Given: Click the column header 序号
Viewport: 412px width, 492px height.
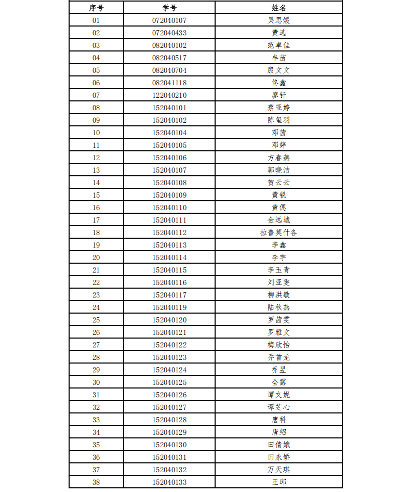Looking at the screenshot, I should click(x=96, y=8).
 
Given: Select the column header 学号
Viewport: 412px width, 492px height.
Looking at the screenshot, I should click(x=169, y=8).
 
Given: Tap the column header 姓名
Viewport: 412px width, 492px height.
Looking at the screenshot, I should click(x=278, y=8).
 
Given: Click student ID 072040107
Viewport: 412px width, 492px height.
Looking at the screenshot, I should click(x=169, y=20).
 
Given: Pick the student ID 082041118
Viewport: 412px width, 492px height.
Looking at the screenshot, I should click(x=169, y=83).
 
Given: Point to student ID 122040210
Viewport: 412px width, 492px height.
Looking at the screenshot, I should click(x=169, y=95).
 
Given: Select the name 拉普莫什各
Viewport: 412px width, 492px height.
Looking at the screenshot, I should click(x=278, y=232).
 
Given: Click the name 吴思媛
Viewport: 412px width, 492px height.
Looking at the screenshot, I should click(x=278, y=20).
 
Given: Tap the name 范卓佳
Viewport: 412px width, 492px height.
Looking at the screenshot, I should click(x=278, y=45).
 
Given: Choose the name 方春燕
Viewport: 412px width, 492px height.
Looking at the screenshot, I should click(x=278, y=158).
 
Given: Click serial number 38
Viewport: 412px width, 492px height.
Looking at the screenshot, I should click(x=96, y=482).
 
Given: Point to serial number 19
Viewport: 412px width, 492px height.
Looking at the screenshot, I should click(x=96, y=245).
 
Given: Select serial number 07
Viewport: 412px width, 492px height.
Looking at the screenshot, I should click(x=96, y=95).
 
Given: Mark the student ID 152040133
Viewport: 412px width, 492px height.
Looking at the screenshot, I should click(x=169, y=482).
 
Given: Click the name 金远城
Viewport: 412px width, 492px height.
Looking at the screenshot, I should click(x=278, y=220).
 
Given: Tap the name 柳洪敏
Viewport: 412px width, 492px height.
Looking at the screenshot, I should click(x=278, y=295).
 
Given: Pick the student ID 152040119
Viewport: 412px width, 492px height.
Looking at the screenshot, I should click(x=169, y=307).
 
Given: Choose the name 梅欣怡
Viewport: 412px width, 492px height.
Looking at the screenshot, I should click(x=278, y=345).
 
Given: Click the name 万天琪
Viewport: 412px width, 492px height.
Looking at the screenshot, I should click(x=278, y=470).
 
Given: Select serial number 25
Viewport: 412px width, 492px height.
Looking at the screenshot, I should click(x=96, y=320).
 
